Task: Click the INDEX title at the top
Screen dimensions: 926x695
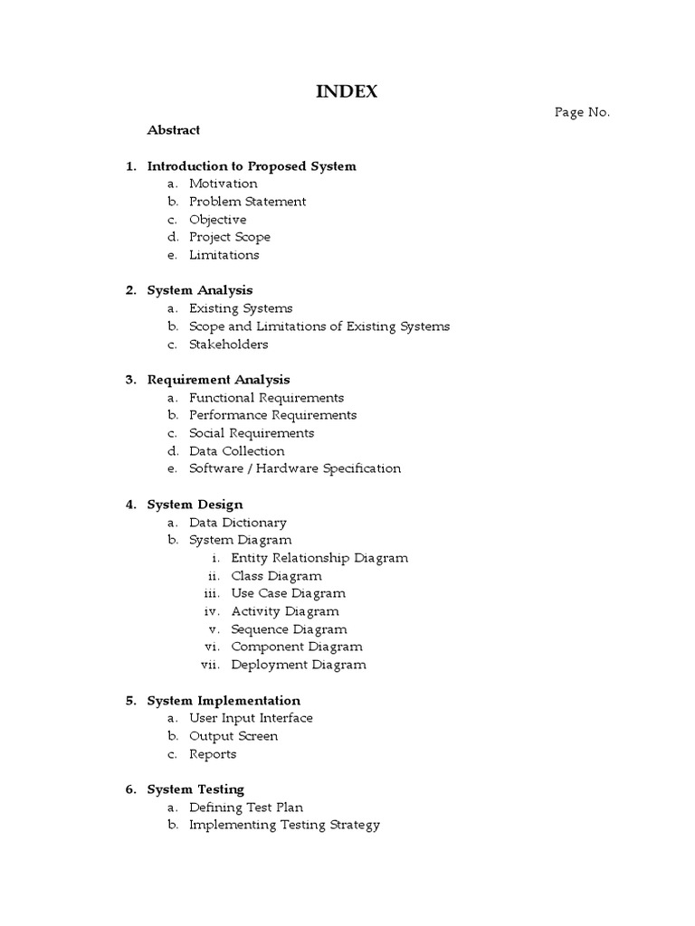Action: [347, 91]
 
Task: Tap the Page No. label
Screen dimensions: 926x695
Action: [583, 112]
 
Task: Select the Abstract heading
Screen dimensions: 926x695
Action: [174, 130]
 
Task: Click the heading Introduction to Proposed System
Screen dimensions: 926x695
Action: [252, 166]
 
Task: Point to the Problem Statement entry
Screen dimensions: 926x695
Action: [247, 202]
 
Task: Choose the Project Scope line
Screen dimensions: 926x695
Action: [230, 237]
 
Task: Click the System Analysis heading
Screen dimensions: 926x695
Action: [200, 290]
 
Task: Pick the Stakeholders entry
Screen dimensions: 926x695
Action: [229, 344]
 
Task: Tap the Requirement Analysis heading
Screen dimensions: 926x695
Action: [218, 380]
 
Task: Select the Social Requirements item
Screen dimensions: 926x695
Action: [252, 433]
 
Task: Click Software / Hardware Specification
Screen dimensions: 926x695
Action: [295, 468]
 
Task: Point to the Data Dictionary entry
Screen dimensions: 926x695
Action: [238, 523]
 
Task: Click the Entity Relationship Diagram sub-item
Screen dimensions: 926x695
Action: [319, 558]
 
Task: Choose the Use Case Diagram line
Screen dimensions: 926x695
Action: [289, 593]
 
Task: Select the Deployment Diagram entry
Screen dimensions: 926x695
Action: [299, 665]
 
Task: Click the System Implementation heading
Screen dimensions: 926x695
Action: [224, 701]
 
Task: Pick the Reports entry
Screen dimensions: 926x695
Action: [213, 754]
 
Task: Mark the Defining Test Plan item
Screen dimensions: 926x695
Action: [246, 808]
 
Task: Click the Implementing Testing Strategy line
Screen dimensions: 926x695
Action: [284, 825]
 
